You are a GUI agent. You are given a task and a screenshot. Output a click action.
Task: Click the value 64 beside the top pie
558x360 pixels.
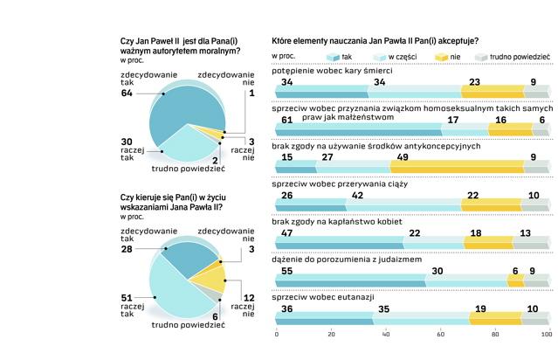(x=127, y=93)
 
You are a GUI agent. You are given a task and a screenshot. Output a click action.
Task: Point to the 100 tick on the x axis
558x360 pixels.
(x=547, y=335)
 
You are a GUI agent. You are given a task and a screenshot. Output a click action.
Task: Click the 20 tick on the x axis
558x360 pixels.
(x=331, y=335)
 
